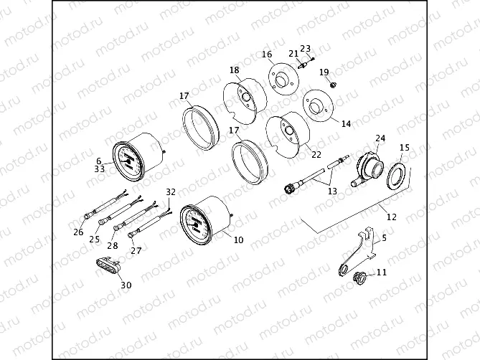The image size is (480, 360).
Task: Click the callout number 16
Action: click(266, 54)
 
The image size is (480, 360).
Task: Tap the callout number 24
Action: click(380, 138)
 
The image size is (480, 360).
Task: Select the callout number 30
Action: click(126, 285)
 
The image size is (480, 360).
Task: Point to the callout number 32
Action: click(170, 192)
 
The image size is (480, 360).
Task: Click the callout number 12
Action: click(391, 216)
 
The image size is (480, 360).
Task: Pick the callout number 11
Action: click(381, 273)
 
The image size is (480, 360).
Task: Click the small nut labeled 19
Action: click(333, 87)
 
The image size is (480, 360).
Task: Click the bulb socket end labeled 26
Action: click(88, 214)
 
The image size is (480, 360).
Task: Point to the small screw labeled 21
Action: click(303, 65)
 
